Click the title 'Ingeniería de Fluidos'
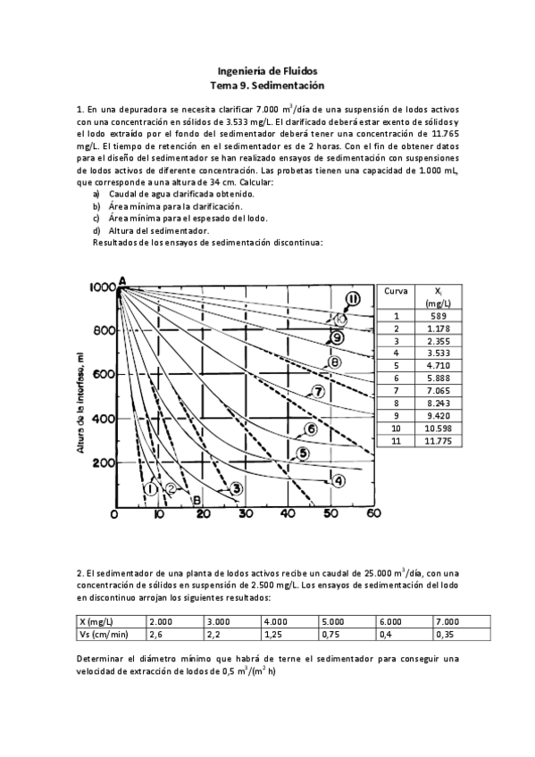[x=267, y=71]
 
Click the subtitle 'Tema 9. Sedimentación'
[x=267, y=85]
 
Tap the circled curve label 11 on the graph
[x=353, y=299]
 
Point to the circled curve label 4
[x=339, y=480]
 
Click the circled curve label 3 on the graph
[x=236, y=487]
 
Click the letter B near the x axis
[x=196, y=501]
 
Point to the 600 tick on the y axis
[x=101, y=374]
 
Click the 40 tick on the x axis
[x=288, y=514]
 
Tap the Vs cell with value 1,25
[x=289, y=634]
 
